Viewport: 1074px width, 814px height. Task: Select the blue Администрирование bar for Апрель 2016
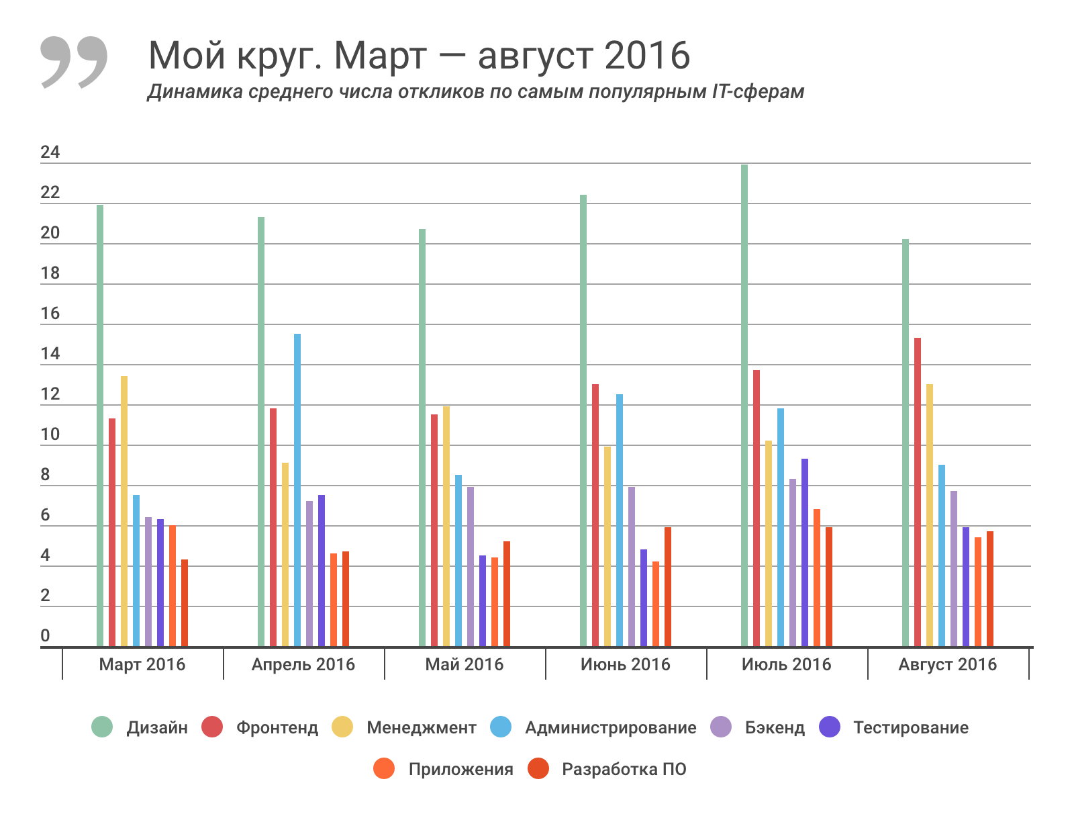(297, 490)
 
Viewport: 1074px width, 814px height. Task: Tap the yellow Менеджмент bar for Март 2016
(124, 511)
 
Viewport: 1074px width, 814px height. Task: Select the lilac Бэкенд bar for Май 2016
(471, 567)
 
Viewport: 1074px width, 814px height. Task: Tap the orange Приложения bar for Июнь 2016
(656, 604)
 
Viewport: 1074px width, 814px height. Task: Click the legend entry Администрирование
(610, 727)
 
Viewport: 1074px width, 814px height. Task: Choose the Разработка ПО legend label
(624, 769)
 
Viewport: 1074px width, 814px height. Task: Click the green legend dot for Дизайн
(102, 727)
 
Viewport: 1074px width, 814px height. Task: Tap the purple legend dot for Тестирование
(830, 727)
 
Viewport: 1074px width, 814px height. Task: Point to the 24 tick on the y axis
(50, 152)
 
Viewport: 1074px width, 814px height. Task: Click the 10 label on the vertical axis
(50, 435)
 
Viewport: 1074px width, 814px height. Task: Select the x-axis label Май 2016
(464, 664)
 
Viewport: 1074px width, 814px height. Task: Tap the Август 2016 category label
(947, 664)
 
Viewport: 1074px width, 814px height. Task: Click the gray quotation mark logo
(74, 62)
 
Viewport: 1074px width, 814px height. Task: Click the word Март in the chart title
(380, 55)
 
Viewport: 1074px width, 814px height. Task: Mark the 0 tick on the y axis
(45, 635)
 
